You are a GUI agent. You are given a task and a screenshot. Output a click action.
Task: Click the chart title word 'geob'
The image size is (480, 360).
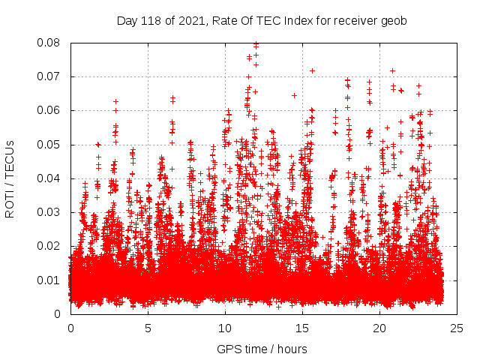coord(393,20)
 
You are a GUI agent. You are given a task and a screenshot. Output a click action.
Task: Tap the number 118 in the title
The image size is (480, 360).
coord(150,20)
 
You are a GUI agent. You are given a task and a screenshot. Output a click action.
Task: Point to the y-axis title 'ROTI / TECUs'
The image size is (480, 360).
coord(10,178)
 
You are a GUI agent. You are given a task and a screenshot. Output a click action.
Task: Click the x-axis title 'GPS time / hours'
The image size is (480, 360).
coord(262,349)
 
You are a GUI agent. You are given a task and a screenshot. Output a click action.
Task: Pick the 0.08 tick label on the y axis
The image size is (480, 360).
coord(50,43)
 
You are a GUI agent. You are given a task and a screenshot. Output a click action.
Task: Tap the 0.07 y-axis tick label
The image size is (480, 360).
coord(50,76)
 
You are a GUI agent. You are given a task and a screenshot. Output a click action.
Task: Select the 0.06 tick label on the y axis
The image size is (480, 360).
coord(50,110)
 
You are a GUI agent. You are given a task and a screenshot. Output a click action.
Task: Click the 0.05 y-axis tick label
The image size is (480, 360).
coord(50,144)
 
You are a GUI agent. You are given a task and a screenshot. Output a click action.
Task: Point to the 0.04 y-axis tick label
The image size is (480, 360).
coord(50,178)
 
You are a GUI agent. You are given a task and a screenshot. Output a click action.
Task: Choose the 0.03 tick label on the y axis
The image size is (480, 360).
coord(50,212)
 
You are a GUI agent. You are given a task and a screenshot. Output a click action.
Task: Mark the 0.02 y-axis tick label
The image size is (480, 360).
coord(50,246)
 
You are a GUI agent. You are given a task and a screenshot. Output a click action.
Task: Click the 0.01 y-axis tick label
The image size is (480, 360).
coord(50,280)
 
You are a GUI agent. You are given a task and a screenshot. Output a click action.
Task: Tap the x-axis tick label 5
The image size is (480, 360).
coord(148,328)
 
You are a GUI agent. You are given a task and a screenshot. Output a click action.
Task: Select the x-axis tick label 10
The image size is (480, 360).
coord(225,328)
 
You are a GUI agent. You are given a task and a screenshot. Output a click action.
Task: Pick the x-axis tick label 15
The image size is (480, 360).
coord(302,328)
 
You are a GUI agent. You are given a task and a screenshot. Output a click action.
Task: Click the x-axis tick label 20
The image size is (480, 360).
coord(379,328)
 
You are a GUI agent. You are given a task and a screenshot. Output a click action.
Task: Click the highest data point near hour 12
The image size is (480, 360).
coord(256,44)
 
